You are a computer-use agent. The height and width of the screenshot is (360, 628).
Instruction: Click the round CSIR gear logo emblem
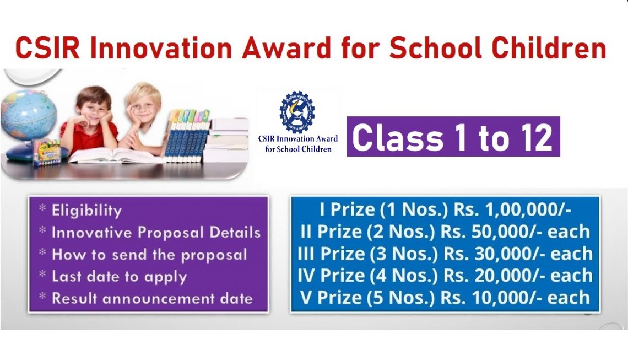click(x=297, y=112)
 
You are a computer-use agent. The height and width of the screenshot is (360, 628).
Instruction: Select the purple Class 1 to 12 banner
click(x=453, y=137)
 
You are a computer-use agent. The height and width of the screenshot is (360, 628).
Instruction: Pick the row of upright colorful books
click(x=187, y=135)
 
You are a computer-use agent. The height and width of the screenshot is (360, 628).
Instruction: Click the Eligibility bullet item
click(x=86, y=211)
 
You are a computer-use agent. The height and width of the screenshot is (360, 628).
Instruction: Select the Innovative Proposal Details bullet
click(x=155, y=233)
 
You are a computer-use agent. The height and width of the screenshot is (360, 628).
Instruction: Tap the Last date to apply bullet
click(x=119, y=276)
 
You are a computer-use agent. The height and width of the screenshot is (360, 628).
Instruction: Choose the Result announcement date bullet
click(x=151, y=298)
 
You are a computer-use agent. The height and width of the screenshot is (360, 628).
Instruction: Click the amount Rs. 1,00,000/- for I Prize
click(x=512, y=210)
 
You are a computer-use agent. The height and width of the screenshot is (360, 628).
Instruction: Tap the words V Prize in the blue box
click(x=331, y=298)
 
